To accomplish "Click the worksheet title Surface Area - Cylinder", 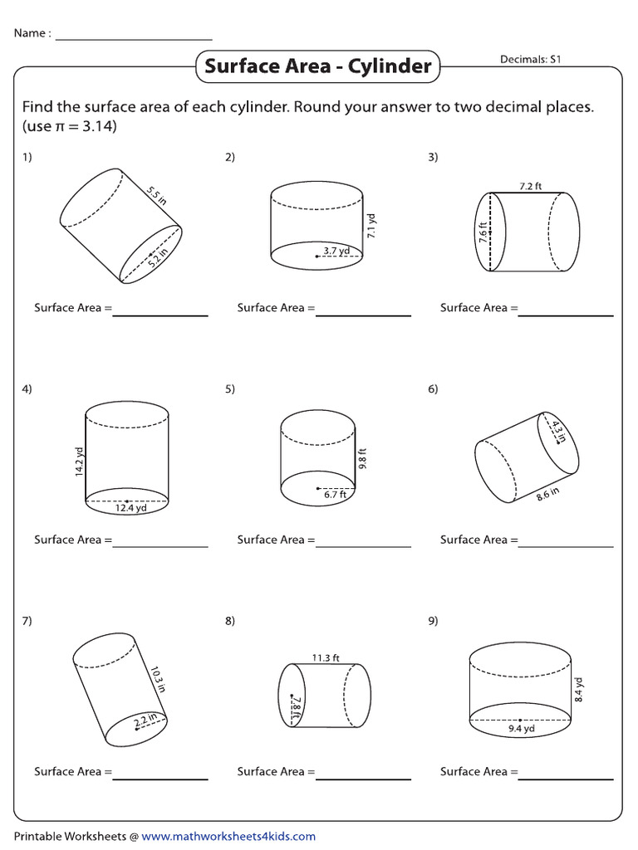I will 317,66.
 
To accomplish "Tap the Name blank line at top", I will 133,39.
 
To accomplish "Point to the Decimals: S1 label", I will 532,59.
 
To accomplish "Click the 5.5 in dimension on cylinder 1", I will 157,196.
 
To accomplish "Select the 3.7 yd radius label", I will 336,250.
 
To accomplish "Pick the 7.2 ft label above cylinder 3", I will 530,186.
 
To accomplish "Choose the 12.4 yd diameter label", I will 130,508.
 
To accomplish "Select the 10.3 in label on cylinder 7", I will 158,677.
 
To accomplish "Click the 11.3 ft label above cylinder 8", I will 326,657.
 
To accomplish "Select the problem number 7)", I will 27,621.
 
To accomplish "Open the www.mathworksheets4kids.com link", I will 229,837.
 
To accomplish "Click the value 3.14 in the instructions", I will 99,127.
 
